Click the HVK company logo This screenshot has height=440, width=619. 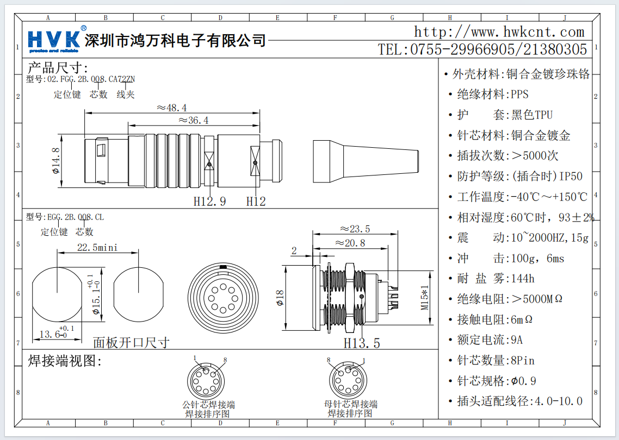pos(53,40)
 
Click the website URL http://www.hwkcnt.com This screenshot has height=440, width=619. pos(499,32)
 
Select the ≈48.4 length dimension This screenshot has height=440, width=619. pos(172,108)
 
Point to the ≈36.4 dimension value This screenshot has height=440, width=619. pos(194,121)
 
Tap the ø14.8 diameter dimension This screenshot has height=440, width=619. pos(56,161)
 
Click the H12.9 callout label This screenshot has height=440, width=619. pos(209,202)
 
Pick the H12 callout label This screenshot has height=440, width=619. pos(256,202)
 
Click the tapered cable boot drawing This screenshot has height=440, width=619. pos(366,161)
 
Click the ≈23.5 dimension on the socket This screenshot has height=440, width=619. pos(355,229)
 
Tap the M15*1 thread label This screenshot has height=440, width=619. pos(425,298)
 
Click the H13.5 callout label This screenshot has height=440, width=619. pos(361,343)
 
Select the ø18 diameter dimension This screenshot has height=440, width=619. pos(280,298)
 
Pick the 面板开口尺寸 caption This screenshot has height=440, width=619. pos(131,343)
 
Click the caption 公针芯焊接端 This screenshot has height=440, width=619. pos(208,405)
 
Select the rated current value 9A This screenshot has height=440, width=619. pos(517,340)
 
